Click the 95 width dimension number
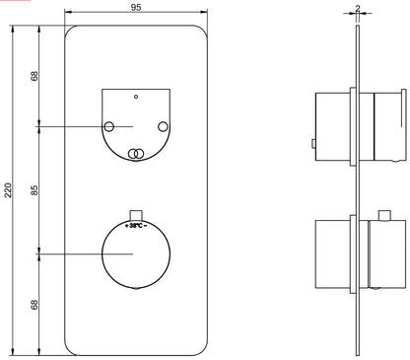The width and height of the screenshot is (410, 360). [136, 7]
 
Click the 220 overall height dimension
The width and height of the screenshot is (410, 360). [8, 190]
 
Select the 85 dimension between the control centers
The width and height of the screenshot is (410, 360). [34, 190]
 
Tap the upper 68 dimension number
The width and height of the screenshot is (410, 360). [34, 76]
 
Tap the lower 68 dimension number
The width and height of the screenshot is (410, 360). [34, 305]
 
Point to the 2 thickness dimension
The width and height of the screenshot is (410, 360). [358, 9]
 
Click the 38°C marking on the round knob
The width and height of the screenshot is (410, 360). [136, 226]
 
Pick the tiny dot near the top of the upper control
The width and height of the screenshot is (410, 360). [136, 97]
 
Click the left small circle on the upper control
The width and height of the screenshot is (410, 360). [108, 126]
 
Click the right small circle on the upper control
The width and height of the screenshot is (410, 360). [163, 126]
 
